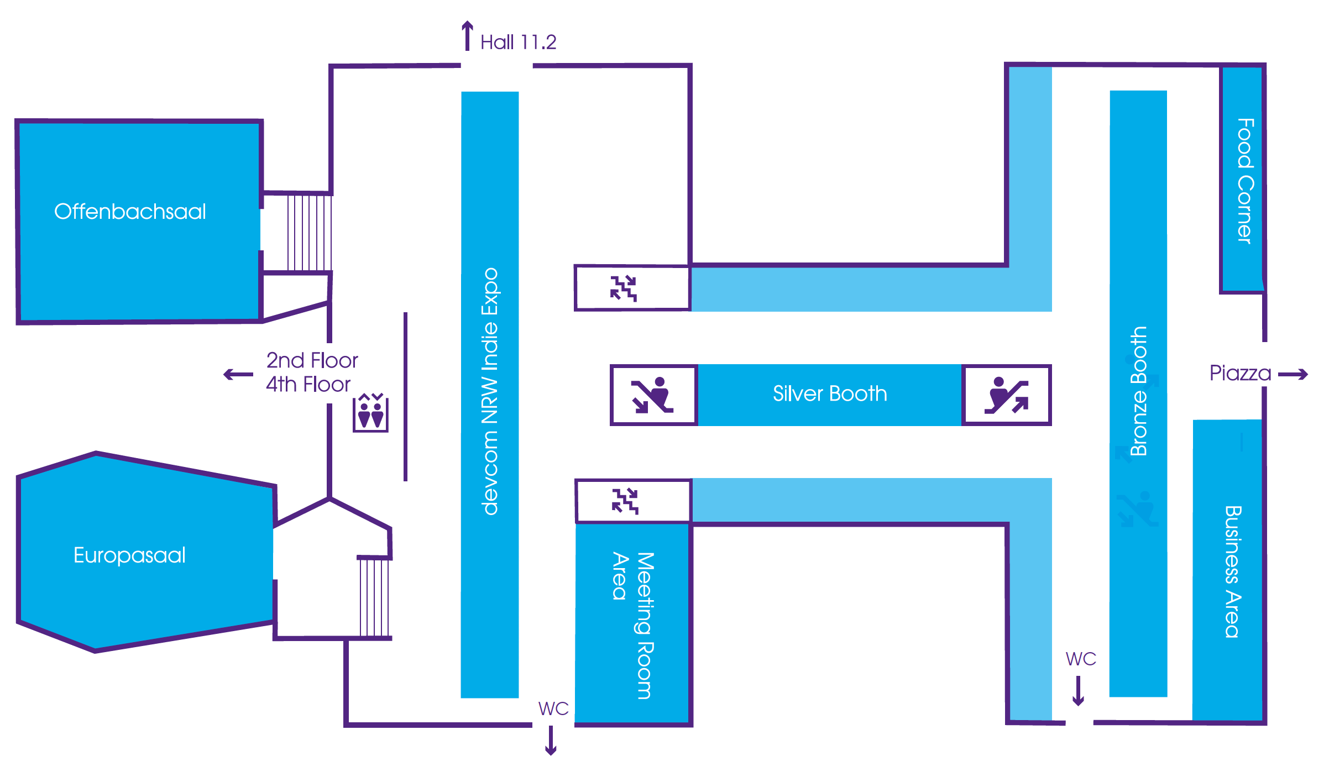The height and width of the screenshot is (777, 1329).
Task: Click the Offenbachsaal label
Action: tap(130, 212)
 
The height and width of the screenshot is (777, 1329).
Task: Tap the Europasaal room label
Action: tap(129, 555)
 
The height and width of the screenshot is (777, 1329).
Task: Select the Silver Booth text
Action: tap(830, 394)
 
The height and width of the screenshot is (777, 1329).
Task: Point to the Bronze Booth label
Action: tap(1139, 391)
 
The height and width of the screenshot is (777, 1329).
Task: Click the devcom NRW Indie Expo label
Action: tap(490, 391)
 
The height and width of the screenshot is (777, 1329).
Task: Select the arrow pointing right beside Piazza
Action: tap(1293, 375)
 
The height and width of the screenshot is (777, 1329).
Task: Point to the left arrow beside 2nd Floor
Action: tap(238, 375)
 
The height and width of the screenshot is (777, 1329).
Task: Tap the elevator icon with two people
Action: tap(371, 413)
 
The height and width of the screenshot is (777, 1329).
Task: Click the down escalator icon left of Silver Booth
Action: tap(653, 395)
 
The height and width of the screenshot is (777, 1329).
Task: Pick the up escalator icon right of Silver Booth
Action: tap(1006, 395)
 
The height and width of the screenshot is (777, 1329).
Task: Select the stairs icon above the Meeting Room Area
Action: tap(625, 501)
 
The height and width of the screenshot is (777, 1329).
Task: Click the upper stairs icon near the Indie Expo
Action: tap(624, 288)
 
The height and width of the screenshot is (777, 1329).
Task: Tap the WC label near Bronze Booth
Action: tap(1081, 659)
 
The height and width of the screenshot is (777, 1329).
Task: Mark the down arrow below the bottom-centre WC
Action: tap(551, 741)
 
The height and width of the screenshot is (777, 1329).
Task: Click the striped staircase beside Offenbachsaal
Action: tap(309, 233)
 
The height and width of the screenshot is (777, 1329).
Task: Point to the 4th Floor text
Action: tap(308, 385)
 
